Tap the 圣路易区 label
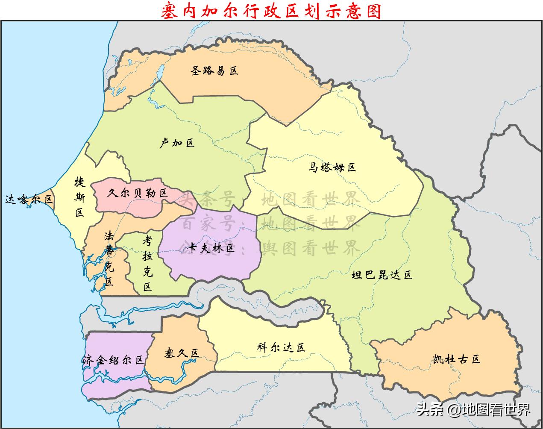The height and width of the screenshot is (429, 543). click(x=214, y=71)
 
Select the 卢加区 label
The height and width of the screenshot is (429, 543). click(x=177, y=143)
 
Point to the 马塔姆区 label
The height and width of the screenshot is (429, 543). click(x=332, y=167)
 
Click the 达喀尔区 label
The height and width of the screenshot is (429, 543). click(x=29, y=199)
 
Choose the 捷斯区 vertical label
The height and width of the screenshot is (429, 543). click(x=80, y=197)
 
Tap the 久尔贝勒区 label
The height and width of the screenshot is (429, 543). click(x=138, y=193)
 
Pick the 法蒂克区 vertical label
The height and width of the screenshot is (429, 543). click(x=109, y=258)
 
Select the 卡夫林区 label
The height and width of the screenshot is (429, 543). click(x=211, y=248)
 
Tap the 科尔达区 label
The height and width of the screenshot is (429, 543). click(x=281, y=347)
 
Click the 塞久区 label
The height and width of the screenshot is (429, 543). click(x=182, y=353)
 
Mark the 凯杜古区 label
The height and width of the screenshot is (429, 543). click(x=456, y=358)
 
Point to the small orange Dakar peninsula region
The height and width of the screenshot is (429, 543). click(x=50, y=194)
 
